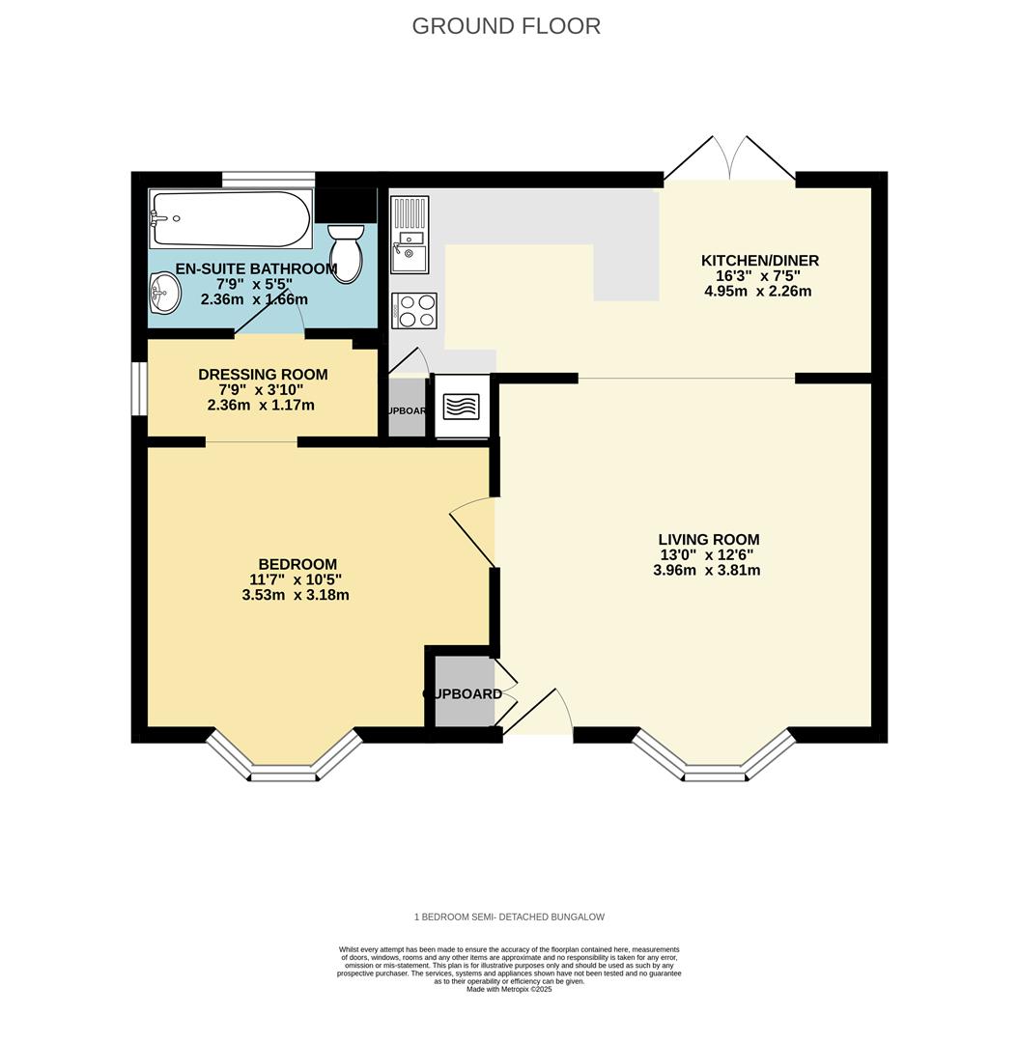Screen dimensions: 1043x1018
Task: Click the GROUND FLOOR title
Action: [506, 26]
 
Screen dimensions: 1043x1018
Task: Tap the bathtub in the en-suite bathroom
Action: [231, 218]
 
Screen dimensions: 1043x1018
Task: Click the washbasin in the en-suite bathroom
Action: [165, 293]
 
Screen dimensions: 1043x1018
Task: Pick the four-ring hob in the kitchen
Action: [414, 311]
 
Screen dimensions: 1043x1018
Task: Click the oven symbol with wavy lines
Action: [461, 407]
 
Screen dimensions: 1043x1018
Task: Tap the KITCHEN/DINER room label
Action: [759, 261]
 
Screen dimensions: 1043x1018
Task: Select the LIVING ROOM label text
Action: [708, 540]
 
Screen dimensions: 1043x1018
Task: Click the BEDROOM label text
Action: [297, 565]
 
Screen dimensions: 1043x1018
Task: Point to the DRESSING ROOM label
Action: [263, 375]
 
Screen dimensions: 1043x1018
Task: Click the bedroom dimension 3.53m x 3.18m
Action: [296, 595]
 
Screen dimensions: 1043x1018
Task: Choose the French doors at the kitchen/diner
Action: [729, 159]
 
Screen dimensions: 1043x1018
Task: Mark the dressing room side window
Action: [139, 388]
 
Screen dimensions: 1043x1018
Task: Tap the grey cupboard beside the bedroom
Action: [463, 691]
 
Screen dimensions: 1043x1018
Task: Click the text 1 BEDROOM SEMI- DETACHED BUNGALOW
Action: [509, 916]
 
